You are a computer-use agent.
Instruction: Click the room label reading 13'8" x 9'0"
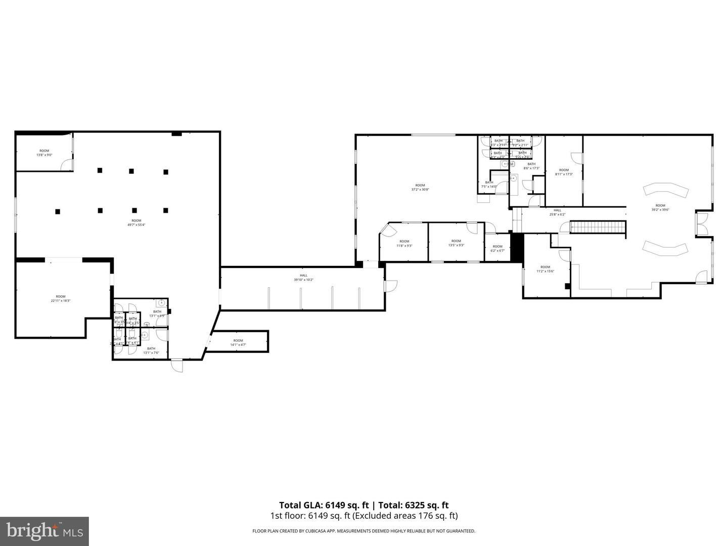pos(44,153)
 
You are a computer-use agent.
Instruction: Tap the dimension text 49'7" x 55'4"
pos(136,223)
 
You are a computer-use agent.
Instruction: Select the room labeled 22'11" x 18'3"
pos(61,299)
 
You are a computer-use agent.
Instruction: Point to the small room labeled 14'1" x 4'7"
pos(238,343)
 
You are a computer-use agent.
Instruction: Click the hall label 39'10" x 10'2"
pos(304,278)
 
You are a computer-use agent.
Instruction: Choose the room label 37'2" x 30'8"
pos(420,188)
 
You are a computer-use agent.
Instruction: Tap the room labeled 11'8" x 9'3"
pos(404,244)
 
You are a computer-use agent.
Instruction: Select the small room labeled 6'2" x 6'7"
pos(497,249)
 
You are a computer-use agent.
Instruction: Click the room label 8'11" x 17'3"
pos(564,172)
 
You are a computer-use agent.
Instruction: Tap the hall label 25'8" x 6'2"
pos(557,212)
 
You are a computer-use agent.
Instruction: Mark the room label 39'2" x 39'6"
pos(660,207)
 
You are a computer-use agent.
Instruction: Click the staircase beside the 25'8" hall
pos(598,227)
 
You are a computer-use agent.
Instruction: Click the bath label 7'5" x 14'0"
pos(489,185)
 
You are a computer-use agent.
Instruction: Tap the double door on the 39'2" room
pos(702,223)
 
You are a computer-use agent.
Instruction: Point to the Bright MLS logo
pos(44,531)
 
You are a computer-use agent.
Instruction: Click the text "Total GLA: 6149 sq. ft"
pos(324,505)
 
